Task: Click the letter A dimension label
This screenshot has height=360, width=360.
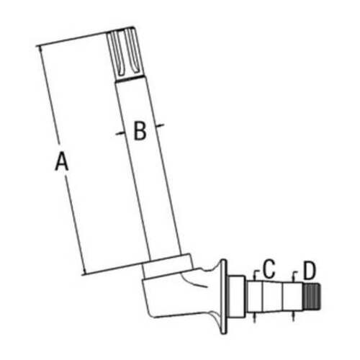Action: [x=62, y=161]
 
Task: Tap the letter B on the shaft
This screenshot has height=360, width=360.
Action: [x=140, y=131]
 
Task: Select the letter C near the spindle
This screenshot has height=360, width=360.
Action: [x=269, y=269]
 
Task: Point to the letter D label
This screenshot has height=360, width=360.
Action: [x=310, y=271]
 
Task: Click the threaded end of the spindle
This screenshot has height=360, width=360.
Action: [x=312, y=296]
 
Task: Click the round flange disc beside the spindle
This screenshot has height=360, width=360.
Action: [x=223, y=297]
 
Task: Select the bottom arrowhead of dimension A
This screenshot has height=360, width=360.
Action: [x=84, y=271]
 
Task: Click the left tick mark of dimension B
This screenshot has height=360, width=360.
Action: [x=120, y=133]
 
